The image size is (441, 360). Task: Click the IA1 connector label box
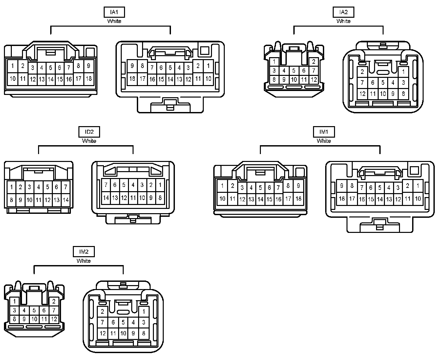pyautogui.click(x=114, y=12)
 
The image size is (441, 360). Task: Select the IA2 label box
pyautogui.click(x=343, y=12)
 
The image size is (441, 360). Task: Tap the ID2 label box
pyautogui.click(x=89, y=132)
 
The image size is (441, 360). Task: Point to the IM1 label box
pyautogui.click(x=324, y=132)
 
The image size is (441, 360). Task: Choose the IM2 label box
pyautogui.click(x=84, y=252)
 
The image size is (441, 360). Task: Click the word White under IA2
pyautogui.click(x=343, y=21)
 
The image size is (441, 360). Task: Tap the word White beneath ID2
pyautogui.click(x=89, y=141)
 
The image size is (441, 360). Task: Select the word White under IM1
pyautogui.click(x=324, y=141)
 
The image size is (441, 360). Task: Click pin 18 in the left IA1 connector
pyautogui.click(x=89, y=79)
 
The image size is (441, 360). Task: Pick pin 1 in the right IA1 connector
pyautogui.click(x=208, y=66)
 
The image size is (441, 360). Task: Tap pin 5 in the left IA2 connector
pyautogui.click(x=294, y=70)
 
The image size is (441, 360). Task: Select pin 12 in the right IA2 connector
pyautogui.click(x=362, y=94)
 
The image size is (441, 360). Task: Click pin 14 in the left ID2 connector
pyautogui.click(x=66, y=199)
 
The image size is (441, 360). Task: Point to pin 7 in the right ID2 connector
pyautogui.click(x=106, y=185)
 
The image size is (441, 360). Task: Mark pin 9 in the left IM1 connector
pyautogui.click(x=298, y=186)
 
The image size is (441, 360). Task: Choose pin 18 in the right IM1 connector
pyautogui.click(x=342, y=198)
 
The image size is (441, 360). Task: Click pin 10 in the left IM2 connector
pyautogui.click(x=34, y=319)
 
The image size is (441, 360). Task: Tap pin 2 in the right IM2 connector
pyautogui.click(x=102, y=311)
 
